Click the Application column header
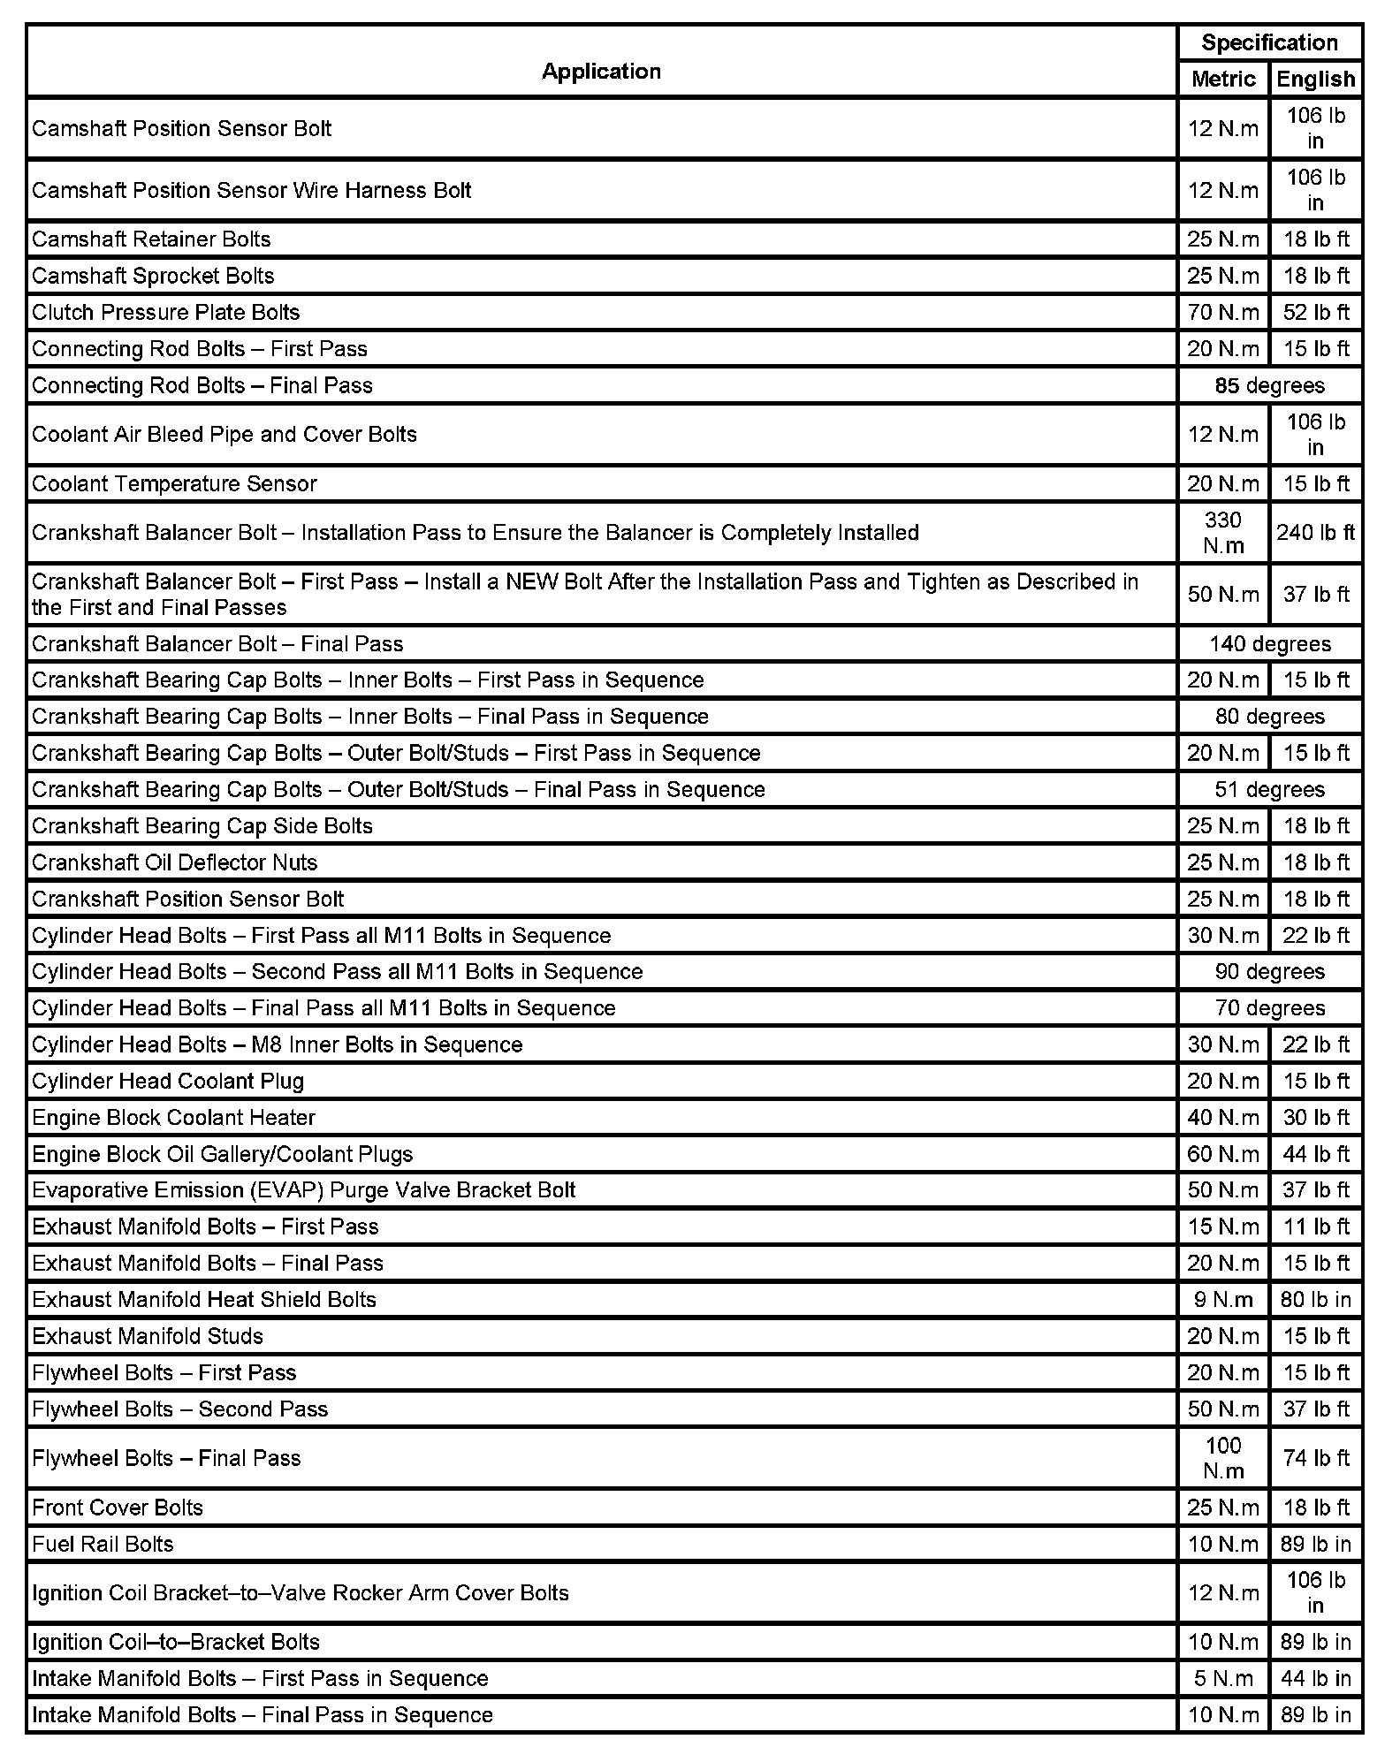[x=601, y=72]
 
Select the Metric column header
[x=1223, y=80]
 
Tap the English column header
[x=1315, y=80]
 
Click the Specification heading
[x=1269, y=42]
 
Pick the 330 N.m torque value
[x=1223, y=533]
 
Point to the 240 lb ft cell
[x=1315, y=533]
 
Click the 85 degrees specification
[x=1269, y=386]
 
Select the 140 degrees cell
[x=1269, y=644]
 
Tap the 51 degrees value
[x=1269, y=790]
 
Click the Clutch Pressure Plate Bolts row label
[x=166, y=313]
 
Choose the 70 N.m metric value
[x=1223, y=313]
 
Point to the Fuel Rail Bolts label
[x=103, y=1544]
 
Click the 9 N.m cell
[x=1223, y=1300]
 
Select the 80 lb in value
[x=1315, y=1300]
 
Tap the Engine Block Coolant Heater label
[x=173, y=1118]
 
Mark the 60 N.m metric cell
[x=1223, y=1154]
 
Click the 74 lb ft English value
[x=1315, y=1458]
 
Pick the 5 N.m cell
[x=1223, y=1678]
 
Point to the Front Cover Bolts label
[x=118, y=1508]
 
